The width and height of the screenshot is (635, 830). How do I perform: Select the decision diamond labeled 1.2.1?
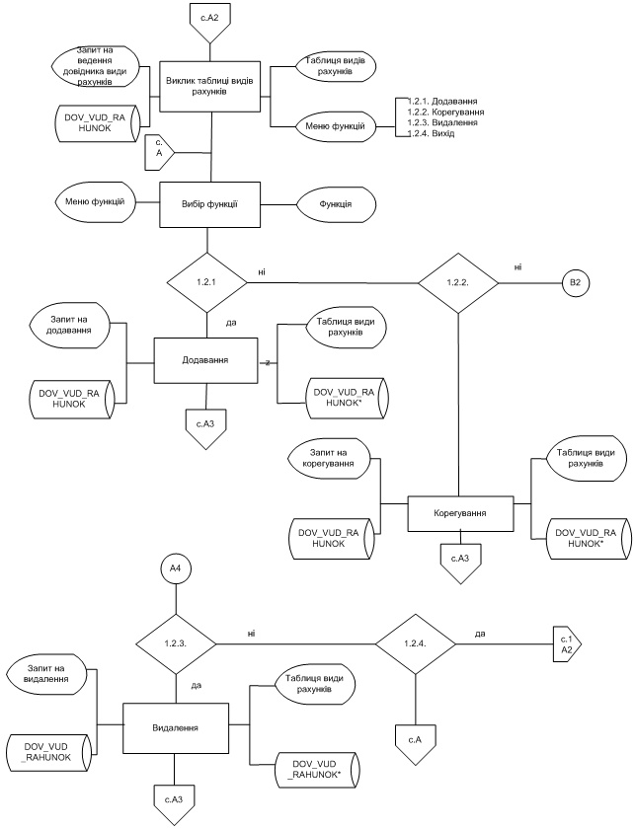click(206, 283)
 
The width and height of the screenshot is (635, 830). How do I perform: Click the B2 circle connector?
click(576, 283)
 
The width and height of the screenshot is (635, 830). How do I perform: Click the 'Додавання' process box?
click(206, 361)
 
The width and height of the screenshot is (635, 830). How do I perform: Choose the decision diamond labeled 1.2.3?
click(175, 643)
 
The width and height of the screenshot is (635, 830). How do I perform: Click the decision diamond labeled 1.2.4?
click(415, 643)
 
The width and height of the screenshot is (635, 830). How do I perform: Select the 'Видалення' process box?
click(175, 728)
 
